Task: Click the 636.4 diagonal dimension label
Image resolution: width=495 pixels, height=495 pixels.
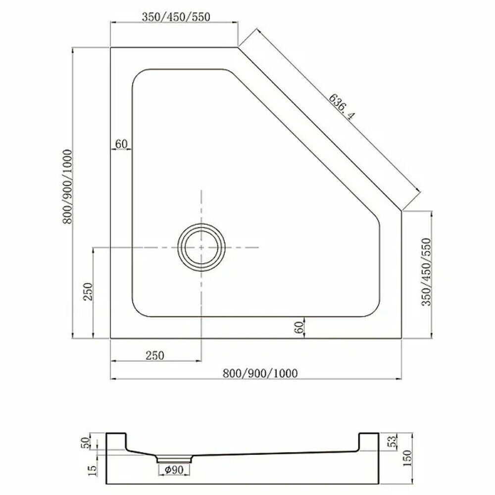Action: point(342,107)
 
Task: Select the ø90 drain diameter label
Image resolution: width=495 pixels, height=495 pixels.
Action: point(174,470)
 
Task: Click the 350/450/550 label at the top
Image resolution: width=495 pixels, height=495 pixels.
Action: point(176,17)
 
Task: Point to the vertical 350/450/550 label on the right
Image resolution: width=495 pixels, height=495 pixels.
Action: point(426,272)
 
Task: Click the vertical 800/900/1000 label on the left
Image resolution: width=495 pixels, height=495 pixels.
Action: point(67,187)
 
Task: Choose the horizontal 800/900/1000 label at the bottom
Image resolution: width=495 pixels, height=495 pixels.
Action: point(260,373)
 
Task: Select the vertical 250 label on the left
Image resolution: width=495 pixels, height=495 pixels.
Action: point(88,292)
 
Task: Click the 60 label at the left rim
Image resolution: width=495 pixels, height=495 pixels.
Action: point(121,144)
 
